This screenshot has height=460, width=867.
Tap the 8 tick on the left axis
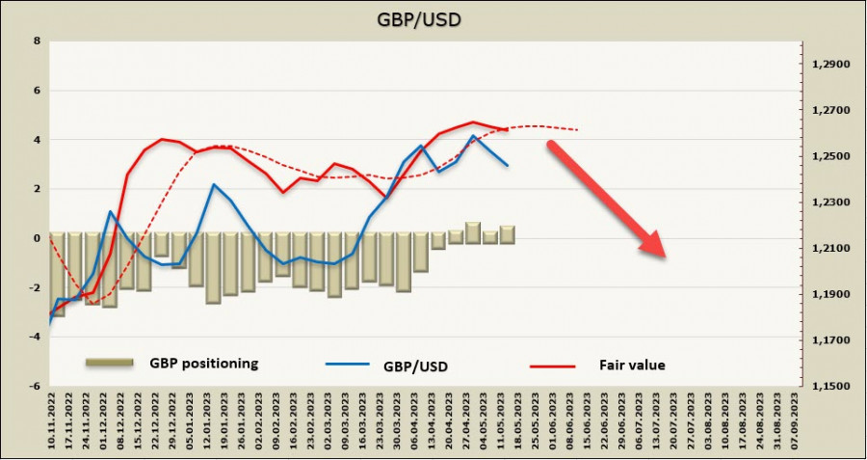(x=37, y=41)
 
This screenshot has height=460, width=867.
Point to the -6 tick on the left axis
(x=35, y=386)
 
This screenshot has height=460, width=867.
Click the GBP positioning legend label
(x=203, y=364)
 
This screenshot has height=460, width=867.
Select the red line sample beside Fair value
(x=552, y=365)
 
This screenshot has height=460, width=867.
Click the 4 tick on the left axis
(x=37, y=140)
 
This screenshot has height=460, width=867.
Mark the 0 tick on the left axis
(x=37, y=238)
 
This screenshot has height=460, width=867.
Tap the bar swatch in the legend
(x=110, y=363)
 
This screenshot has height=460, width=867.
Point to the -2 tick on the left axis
(x=35, y=287)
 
